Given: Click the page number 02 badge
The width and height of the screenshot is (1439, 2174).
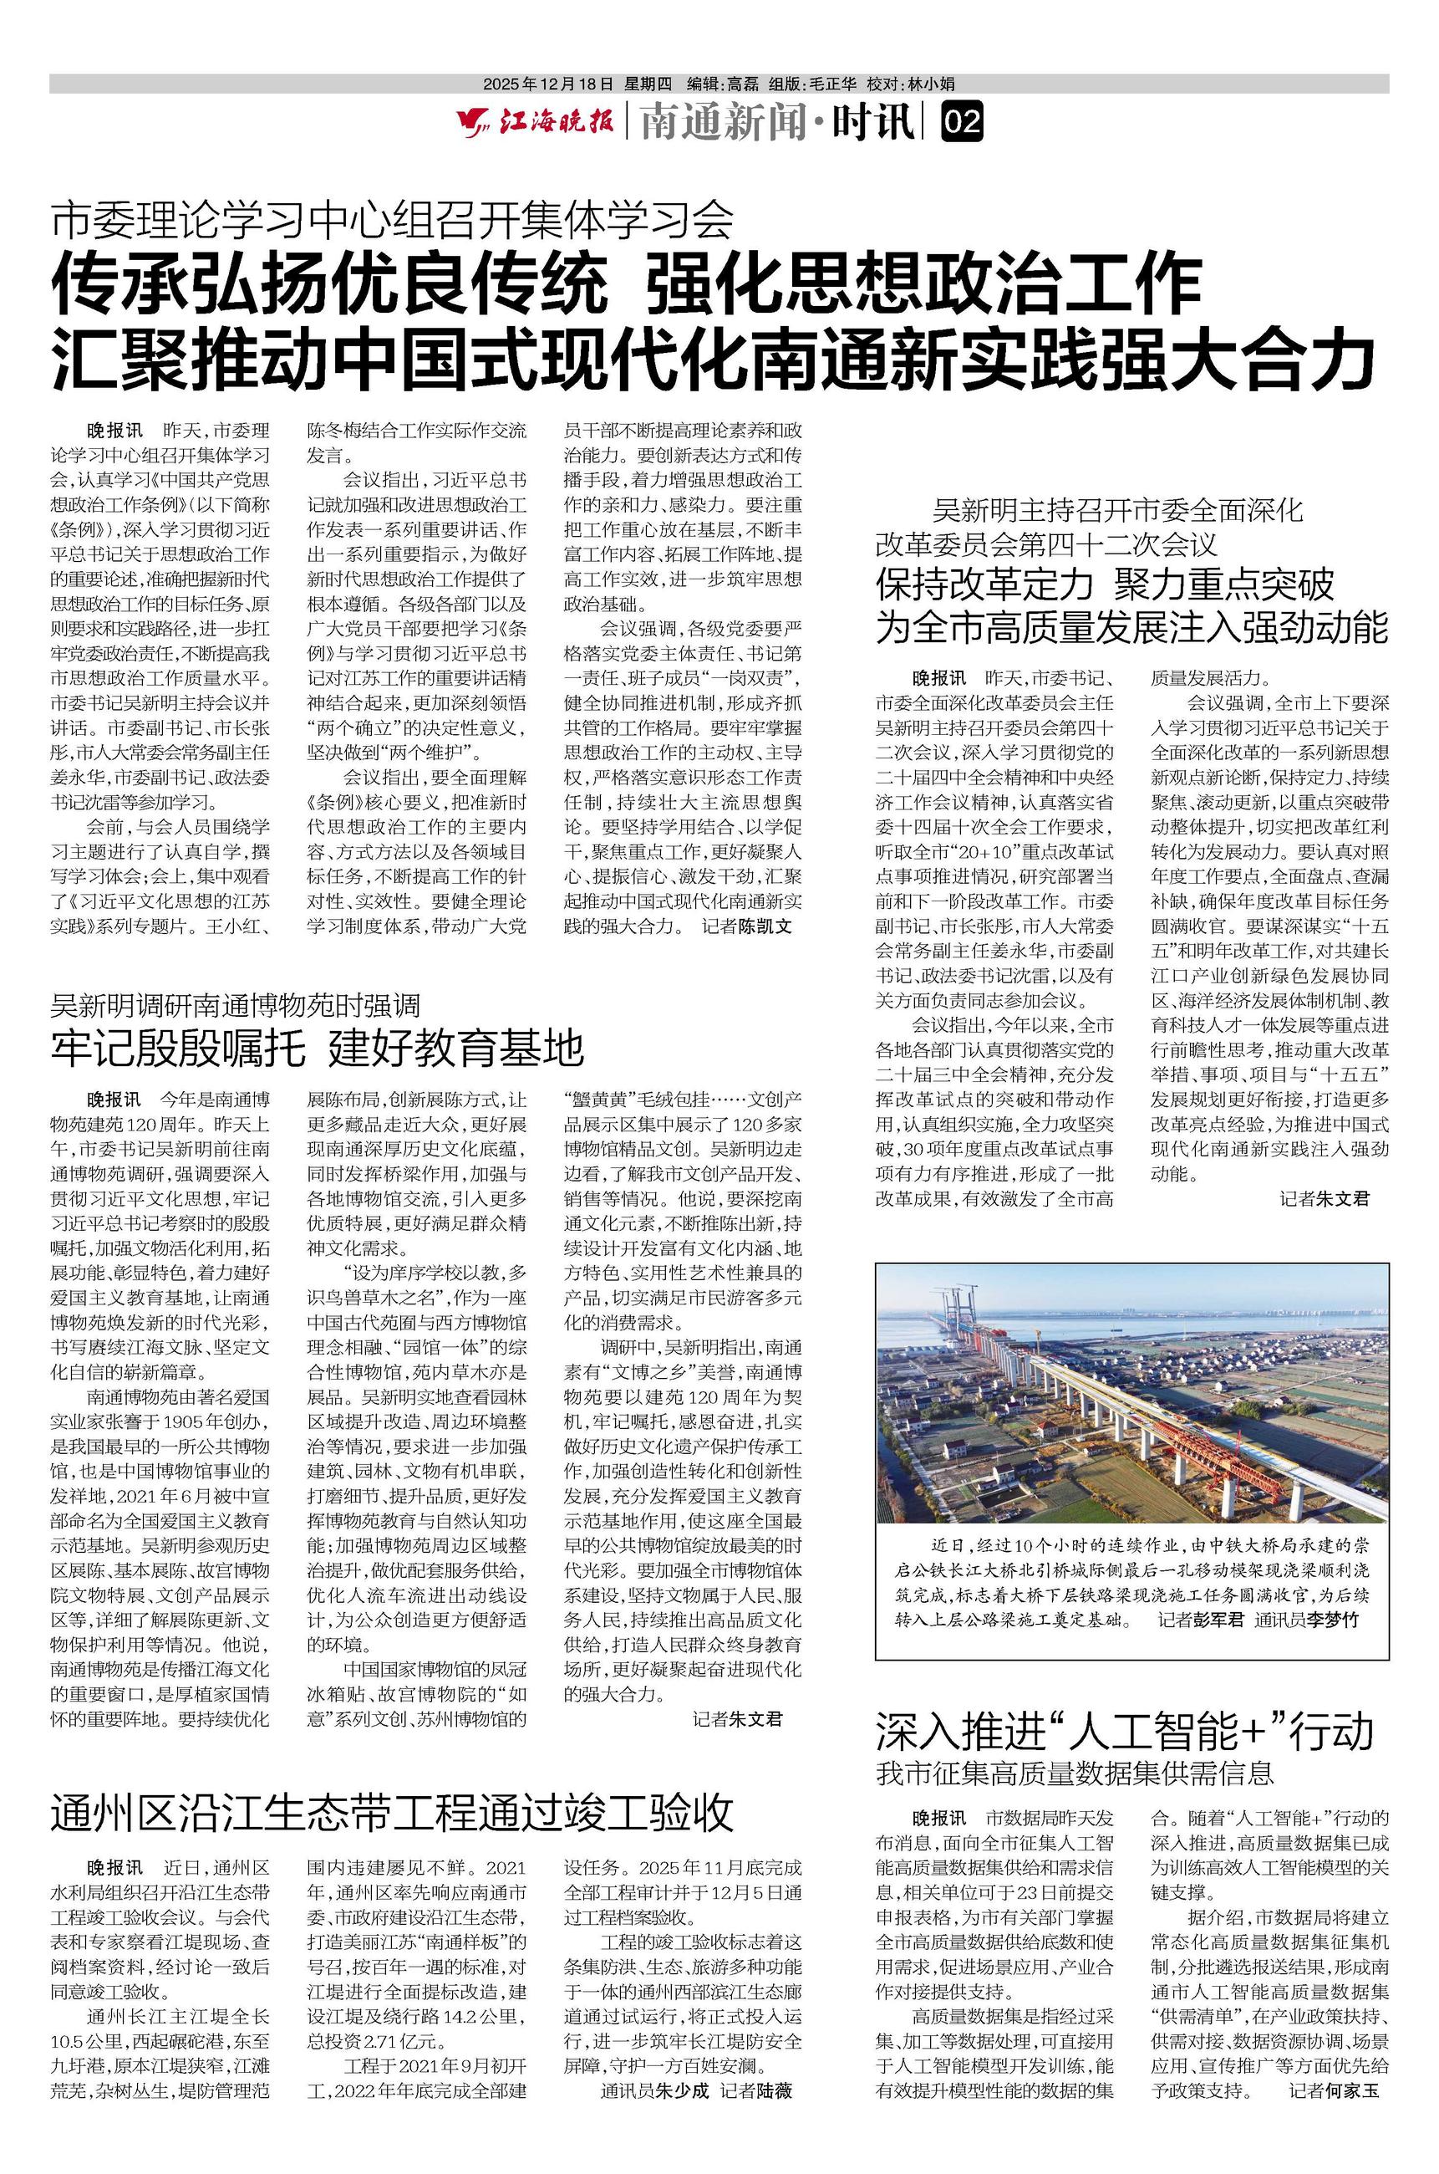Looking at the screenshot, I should coord(962,122).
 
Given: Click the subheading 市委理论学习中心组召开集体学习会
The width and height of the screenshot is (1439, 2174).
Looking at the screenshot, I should coord(393,218).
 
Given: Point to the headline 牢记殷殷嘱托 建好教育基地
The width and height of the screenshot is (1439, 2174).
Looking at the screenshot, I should coord(318,1048).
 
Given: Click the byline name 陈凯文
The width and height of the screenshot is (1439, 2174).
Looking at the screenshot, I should coord(765,926).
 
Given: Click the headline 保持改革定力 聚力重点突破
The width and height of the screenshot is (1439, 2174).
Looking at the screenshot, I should coord(1104,584).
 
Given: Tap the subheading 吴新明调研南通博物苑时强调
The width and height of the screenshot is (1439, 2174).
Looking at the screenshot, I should coord(236,1005).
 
